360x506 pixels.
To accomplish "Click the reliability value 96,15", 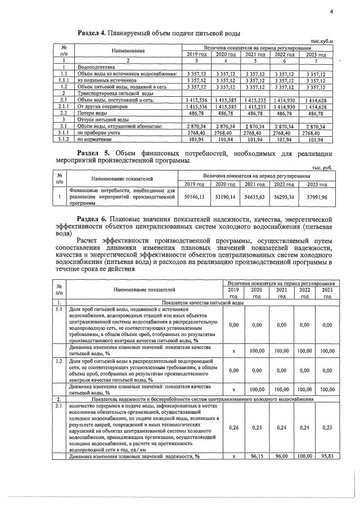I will pos(256,457).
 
